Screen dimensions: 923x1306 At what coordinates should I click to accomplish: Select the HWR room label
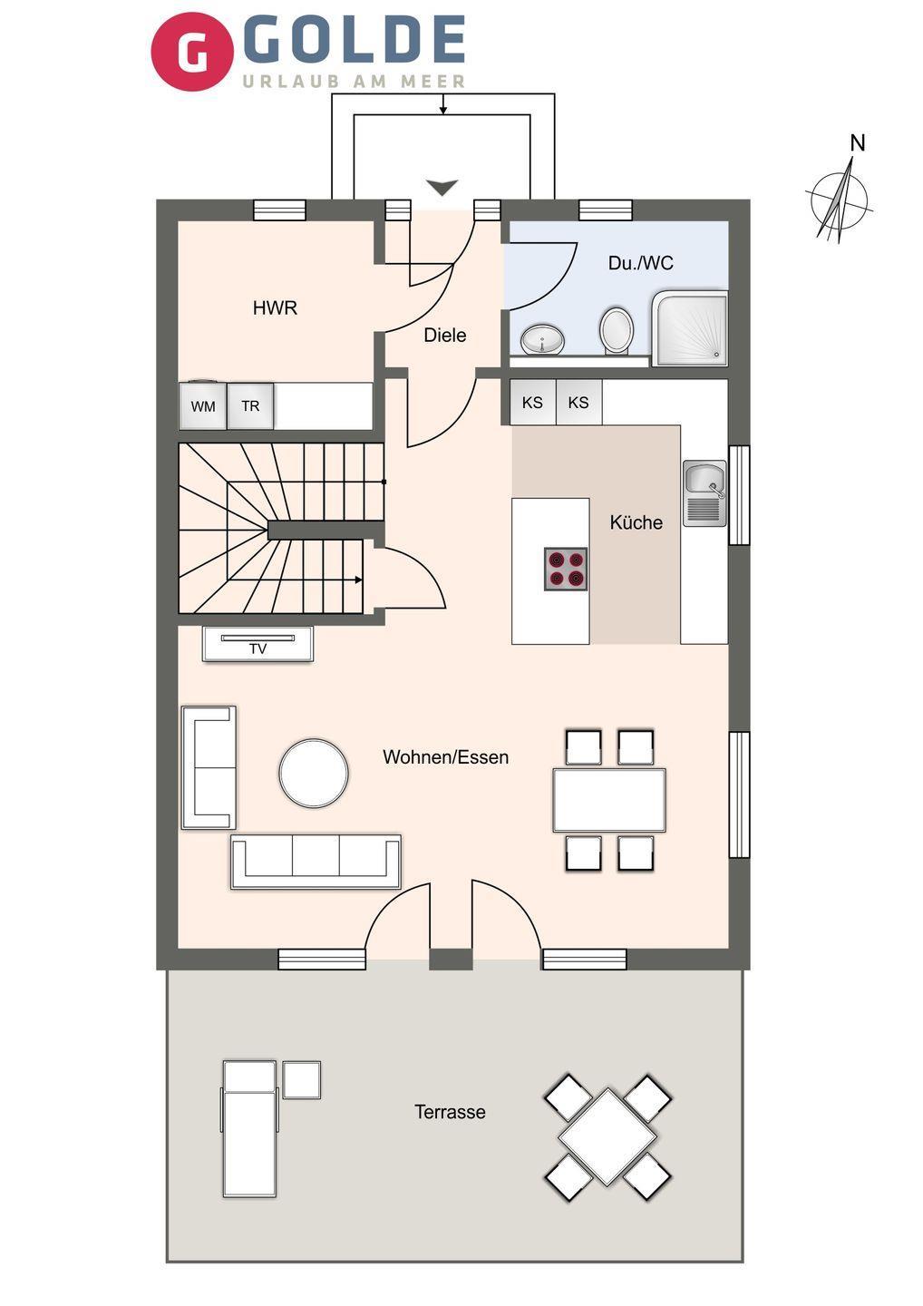click(275, 307)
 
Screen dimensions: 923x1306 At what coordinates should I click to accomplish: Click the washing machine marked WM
click(203, 405)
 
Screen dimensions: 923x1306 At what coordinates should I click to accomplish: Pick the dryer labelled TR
click(250, 405)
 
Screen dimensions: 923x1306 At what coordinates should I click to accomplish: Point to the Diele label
click(444, 336)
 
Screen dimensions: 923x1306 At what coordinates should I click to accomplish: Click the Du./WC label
click(640, 263)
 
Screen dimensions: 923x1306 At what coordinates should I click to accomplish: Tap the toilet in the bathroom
click(617, 330)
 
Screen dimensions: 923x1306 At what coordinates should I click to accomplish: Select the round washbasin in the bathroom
click(542, 339)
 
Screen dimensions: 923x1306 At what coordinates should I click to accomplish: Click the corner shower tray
click(690, 329)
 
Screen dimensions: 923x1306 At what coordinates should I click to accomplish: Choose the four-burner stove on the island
click(566, 569)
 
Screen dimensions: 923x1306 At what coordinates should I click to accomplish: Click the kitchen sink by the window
click(705, 493)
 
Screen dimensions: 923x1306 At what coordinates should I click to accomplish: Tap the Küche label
click(636, 522)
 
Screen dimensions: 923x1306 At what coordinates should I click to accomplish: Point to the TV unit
click(258, 644)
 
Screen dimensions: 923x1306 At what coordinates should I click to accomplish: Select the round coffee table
click(314, 773)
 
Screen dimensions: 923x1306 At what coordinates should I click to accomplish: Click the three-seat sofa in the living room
click(316, 862)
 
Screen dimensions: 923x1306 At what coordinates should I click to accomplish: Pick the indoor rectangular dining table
click(609, 800)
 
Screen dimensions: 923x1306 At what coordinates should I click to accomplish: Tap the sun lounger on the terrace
click(250, 1128)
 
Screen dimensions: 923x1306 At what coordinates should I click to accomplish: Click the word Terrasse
click(450, 1112)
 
